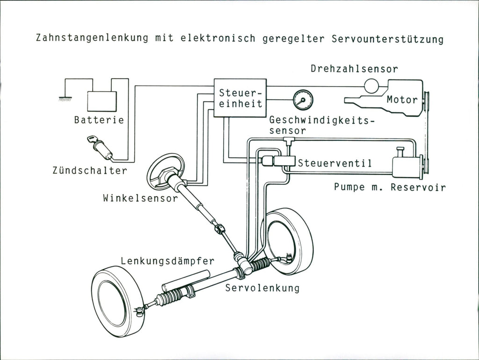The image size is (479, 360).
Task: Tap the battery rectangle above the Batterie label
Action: coord(102,102)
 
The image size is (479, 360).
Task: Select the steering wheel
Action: coord(166,171)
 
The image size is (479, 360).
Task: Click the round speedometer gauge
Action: coord(303,100)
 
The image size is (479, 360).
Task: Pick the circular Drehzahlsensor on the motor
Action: coord(371,85)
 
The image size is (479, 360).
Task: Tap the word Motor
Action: coord(402,100)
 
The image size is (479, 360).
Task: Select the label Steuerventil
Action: coord(334,163)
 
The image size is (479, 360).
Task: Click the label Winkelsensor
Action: coord(140,198)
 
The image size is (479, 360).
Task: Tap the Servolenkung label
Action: coord(262,288)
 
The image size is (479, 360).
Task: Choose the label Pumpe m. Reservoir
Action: coord(390,187)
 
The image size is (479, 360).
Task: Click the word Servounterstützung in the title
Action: coord(387,38)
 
